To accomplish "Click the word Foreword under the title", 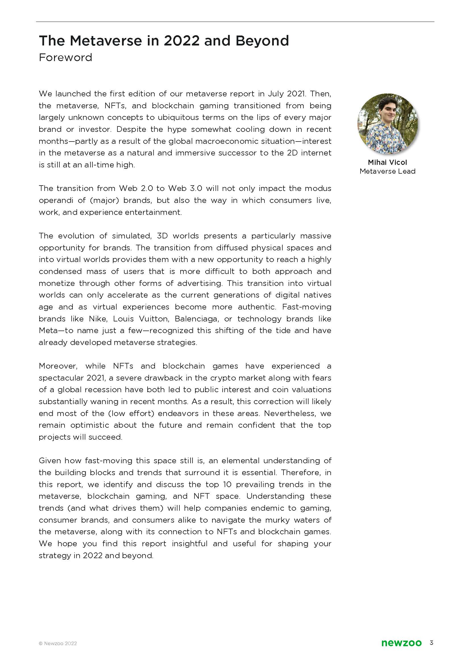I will (x=65, y=57).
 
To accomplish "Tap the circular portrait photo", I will (x=388, y=124).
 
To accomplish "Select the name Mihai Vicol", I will (x=388, y=162).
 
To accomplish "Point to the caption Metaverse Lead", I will (x=388, y=171).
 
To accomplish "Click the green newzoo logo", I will (x=401, y=651).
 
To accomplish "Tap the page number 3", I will (x=431, y=651).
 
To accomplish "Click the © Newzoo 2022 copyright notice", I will (x=58, y=651).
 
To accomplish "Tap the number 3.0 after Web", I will (x=194, y=188).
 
